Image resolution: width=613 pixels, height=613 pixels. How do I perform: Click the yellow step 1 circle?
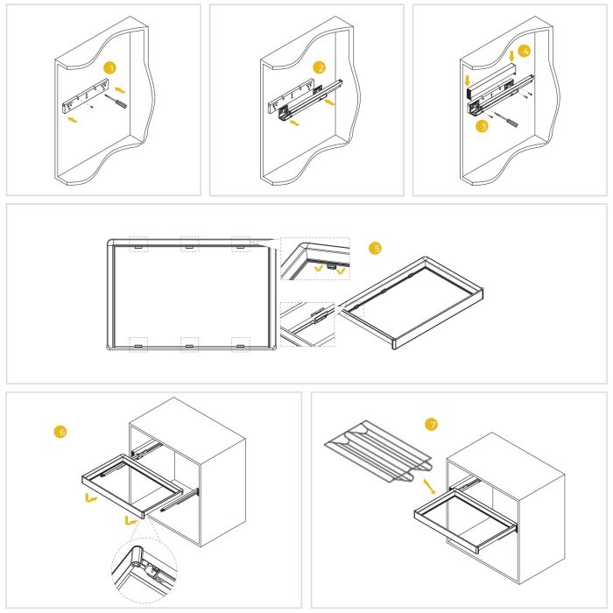coord(109,67)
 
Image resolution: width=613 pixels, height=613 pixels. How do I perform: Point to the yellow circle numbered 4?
coord(524,52)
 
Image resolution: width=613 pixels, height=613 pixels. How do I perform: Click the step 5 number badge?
coord(376,249)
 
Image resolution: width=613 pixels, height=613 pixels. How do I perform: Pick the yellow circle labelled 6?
coord(60,432)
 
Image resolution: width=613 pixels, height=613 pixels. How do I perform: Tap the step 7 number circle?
coord(430,425)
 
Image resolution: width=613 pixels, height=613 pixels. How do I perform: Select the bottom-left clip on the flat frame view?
coord(138,344)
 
